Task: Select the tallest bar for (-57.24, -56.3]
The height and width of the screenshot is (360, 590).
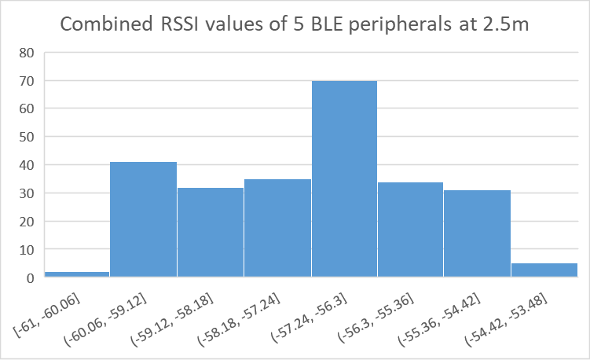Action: (344, 179)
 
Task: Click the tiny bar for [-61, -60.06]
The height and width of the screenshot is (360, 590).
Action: (76, 274)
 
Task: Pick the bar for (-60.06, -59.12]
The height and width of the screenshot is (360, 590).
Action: (143, 219)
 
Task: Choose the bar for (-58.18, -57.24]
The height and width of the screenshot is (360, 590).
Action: (277, 228)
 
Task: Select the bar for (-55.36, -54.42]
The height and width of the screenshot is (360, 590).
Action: (477, 233)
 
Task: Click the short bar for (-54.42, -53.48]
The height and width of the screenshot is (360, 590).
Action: (544, 270)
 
